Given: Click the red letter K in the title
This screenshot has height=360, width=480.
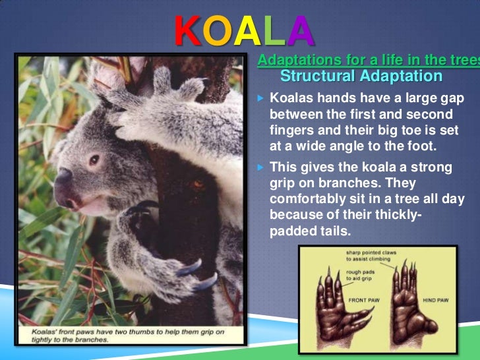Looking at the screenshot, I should (x=187, y=30).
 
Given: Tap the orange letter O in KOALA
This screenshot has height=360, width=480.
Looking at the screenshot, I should (x=217, y=30).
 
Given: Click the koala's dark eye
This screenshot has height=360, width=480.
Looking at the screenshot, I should (x=94, y=160).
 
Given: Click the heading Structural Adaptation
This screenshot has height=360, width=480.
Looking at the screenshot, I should (x=361, y=76).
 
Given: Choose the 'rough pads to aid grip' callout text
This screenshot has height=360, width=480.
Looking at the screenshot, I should (x=365, y=273).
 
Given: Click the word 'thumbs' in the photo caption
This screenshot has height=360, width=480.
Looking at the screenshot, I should (x=139, y=333).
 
